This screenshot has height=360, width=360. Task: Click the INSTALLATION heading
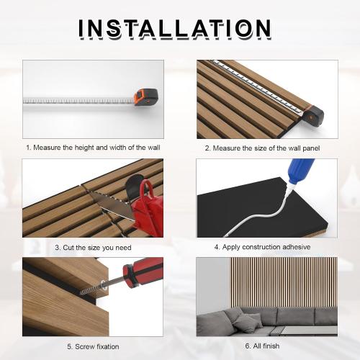point(175,29)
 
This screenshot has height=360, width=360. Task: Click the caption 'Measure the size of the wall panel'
point(262,148)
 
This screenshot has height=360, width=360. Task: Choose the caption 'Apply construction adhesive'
point(262,247)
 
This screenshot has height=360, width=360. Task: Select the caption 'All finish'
point(262,346)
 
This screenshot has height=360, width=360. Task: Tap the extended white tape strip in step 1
point(79,99)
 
